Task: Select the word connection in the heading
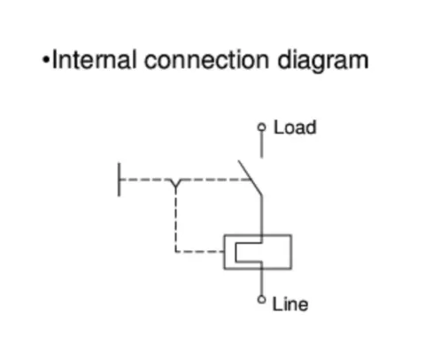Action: (x=206, y=60)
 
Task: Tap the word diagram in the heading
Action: (x=323, y=62)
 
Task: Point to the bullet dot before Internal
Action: (x=46, y=59)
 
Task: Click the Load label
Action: (x=295, y=127)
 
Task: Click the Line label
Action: (x=290, y=304)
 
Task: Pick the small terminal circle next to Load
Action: (x=261, y=127)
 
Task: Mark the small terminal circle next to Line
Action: (x=261, y=300)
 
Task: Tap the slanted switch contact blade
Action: (x=250, y=178)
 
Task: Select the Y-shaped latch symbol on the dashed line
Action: (x=176, y=184)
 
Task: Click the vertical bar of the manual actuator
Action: (x=119, y=180)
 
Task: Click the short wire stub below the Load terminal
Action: (x=261, y=144)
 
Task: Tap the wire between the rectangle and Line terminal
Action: (x=261, y=282)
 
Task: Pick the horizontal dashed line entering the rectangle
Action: (x=200, y=251)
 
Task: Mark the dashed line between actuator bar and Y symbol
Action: (x=143, y=180)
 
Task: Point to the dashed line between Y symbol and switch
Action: (x=217, y=180)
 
